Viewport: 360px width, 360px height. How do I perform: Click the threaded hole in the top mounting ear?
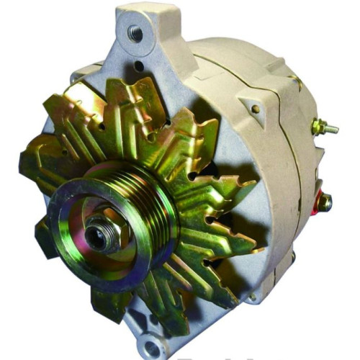pos(134,32)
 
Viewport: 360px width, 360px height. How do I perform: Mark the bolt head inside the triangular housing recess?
pos(256,109)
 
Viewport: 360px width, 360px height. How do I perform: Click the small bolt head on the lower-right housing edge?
pos(253,296)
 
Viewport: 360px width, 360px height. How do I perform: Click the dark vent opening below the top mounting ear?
pos(137,68)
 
